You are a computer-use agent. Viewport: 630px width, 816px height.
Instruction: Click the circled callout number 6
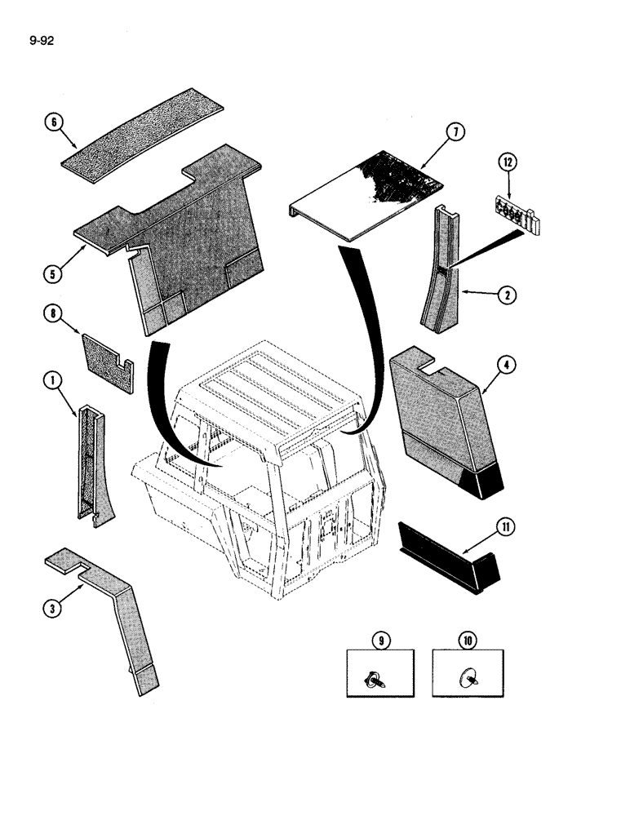[x=54, y=122]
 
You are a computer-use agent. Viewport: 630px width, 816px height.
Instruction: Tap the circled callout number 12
[x=508, y=163]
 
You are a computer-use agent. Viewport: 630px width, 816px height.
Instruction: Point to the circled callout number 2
[x=508, y=296]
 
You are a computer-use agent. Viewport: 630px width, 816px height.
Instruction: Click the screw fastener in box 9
[x=380, y=676]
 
